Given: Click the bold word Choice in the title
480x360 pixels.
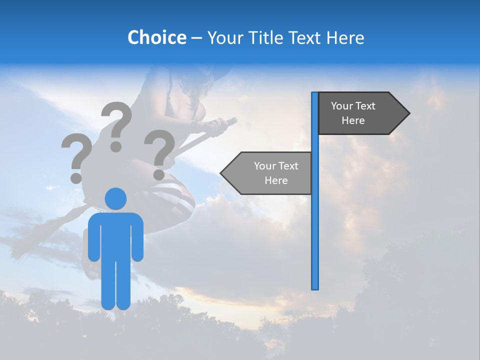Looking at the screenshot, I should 156,37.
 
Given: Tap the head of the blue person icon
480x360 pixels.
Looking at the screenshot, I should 115,198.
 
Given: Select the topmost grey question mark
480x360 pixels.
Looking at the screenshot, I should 116,125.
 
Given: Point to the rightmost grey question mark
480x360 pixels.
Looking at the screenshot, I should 159,153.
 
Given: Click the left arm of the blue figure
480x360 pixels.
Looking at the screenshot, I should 94,237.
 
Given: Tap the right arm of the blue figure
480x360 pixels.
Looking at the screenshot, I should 137,237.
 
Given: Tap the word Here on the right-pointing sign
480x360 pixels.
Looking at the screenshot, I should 353,120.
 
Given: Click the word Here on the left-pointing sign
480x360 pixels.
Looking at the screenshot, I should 276,180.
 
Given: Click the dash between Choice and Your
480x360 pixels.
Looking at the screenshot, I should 196,38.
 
